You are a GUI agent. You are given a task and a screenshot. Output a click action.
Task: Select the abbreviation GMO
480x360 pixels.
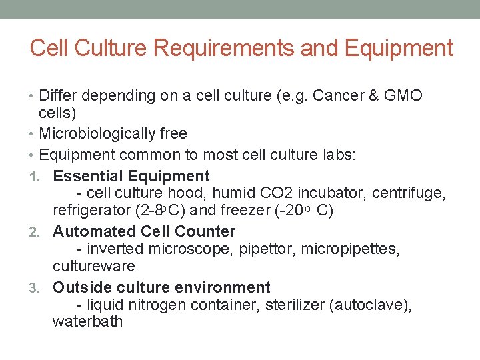[x=403, y=95]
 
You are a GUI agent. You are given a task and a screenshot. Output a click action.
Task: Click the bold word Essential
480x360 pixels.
[x=86, y=176]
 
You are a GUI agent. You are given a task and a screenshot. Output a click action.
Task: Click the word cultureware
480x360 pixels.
[x=94, y=266]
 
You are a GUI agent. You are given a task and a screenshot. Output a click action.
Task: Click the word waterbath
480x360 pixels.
[x=87, y=322]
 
